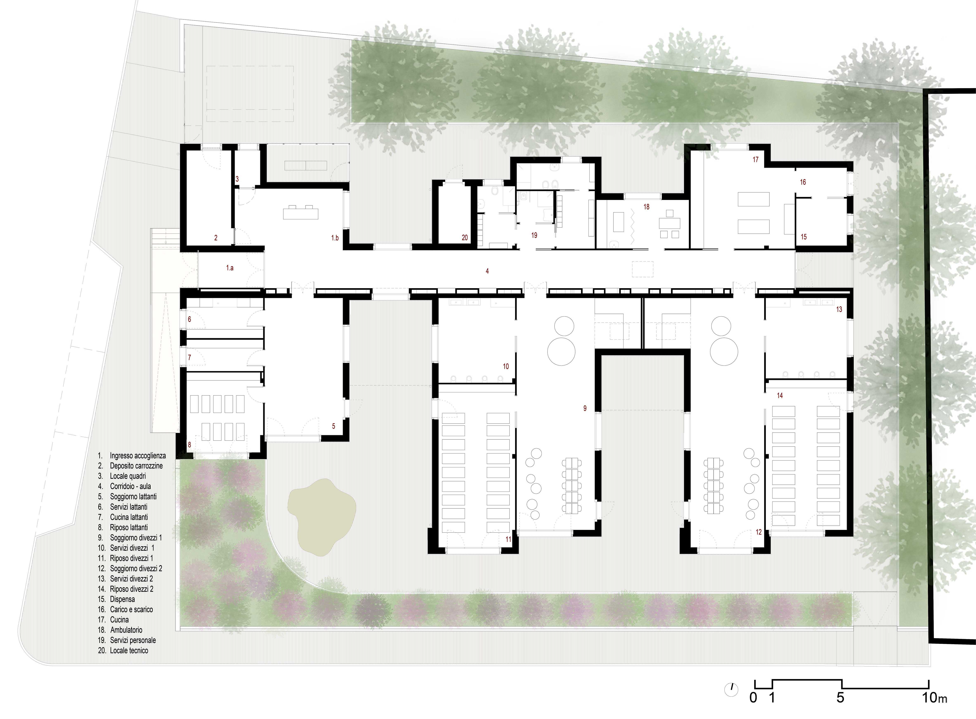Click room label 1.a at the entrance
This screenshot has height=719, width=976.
(230, 268)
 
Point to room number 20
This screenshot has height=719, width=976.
(465, 238)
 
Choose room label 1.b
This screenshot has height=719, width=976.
(335, 238)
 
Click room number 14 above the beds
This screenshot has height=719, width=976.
(780, 396)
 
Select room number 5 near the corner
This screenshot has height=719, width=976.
(334, 426)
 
